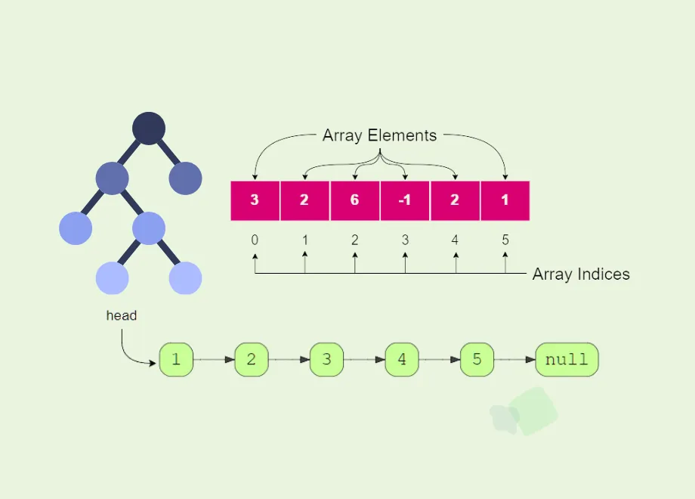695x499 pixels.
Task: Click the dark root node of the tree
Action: click(x=149, y=129)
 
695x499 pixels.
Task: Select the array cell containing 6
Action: click(x=355, y=201)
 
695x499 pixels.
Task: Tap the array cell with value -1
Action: click(x=405, y=201)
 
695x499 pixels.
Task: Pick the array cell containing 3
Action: click(x=255, y=201)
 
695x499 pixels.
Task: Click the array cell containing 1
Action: click(x=505, y=201)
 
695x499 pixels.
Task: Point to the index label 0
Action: click(x=255, y=240)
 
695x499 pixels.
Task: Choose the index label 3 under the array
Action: click(x=405, y=240)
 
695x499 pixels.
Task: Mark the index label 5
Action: click(x=505, y=240)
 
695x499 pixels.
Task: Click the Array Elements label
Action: click(x=379, y=136)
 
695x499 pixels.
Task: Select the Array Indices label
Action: click(x=581, y=274)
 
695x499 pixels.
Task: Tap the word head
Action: click(x=121, y=315)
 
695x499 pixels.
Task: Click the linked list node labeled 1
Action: click(x=176, y=360)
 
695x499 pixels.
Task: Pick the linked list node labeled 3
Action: click(x=326, y=360)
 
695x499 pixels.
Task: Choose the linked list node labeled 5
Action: click(x=477, y=360)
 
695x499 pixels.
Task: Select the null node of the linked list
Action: click(x=567, y=360)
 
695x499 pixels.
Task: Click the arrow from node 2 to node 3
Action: click(x=289, y=360)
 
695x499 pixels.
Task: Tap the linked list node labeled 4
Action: click(x=402, y=360)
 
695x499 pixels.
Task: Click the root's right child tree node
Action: click(x=185, y=178)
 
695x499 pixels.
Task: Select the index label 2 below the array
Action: click(x=355, y=240)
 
